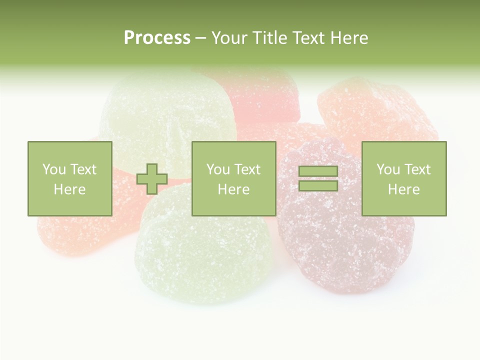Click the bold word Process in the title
coord(157,38)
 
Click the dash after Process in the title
coord(200,38)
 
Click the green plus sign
coord(152,179)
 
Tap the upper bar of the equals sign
coord(318,171)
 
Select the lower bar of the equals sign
coord(318,186)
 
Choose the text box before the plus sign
coord(69,178)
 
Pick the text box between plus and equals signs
coord(233,178)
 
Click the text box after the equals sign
coord(403,178)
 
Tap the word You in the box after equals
coord(388,169)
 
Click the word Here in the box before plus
coord(69,189)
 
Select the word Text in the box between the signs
coord(247,169)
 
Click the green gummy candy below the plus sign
coord(205,250)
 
